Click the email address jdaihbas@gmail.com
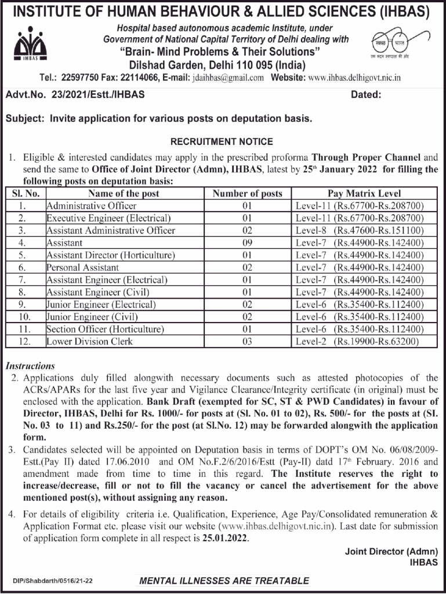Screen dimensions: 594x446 point(227,77)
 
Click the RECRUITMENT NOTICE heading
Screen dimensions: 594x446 point(222,142)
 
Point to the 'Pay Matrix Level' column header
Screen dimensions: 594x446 point(364,194)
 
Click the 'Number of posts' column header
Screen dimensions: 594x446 point(247,194)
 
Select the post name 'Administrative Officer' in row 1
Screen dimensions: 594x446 point(92,206)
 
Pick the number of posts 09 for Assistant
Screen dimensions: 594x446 point(247,243)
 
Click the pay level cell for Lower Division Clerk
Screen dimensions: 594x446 point(364,342)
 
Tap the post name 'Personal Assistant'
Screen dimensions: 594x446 point(83,267)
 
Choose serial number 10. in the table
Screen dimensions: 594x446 point(22,317)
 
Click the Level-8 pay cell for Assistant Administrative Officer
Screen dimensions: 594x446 point(364,230)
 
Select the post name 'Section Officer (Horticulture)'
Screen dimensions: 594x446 point(105,329)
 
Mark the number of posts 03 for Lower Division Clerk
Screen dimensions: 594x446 point(247,342)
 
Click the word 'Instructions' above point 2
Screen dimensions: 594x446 point(30,366)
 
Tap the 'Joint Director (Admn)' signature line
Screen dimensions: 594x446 point(391,552)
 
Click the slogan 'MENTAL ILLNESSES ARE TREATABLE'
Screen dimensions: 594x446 point(224,581)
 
